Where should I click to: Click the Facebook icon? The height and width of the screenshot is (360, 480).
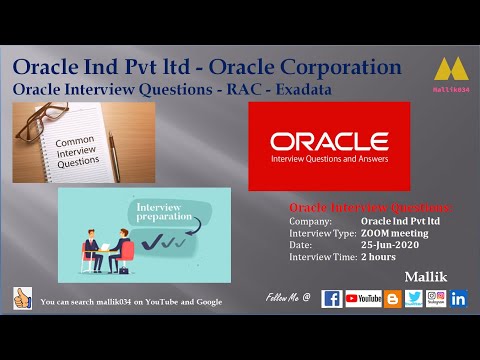tap(332, 298)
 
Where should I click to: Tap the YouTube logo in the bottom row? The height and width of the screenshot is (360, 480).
tap(363, 298)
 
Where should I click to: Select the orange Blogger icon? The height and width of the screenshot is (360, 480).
tap(392, 298)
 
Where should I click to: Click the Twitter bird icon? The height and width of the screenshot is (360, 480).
tap(414, 298)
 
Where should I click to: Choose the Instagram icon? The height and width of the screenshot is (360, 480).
tap(436, 298)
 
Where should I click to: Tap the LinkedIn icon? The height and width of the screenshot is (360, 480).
tap(459, 298)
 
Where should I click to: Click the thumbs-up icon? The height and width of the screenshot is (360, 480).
tap(22, 298)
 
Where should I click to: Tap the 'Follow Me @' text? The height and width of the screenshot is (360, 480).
tap(288, 298)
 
